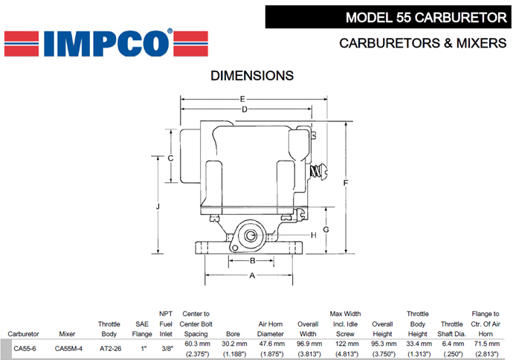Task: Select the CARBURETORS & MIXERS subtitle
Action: point(422,43)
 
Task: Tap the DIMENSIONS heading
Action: point(252,76)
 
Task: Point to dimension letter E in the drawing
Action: point(242,99)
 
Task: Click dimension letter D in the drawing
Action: point(245,110)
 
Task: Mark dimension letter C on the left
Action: point(171,158)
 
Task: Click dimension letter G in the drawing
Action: point(326,229)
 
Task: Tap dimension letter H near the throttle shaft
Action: point(314,235)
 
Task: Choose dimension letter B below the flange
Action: point(253,260)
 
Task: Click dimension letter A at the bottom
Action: point(253,275)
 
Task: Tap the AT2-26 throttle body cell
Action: point(110,347)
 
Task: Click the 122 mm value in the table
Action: point(345,344)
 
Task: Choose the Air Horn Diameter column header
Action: point(271,329)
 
